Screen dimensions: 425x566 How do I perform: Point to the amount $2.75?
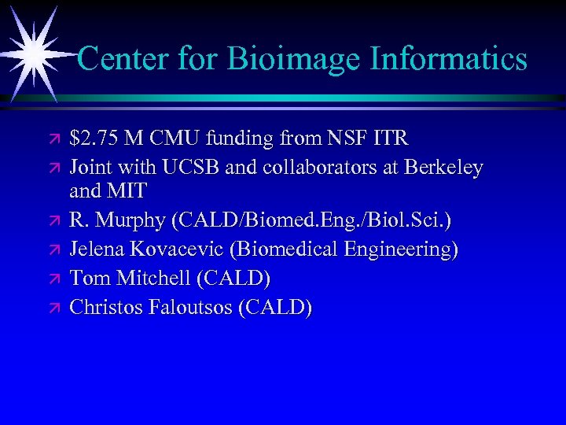pos(94,139)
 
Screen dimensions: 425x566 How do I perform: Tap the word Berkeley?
pos(443,168)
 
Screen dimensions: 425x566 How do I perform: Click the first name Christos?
pos(109,307)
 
